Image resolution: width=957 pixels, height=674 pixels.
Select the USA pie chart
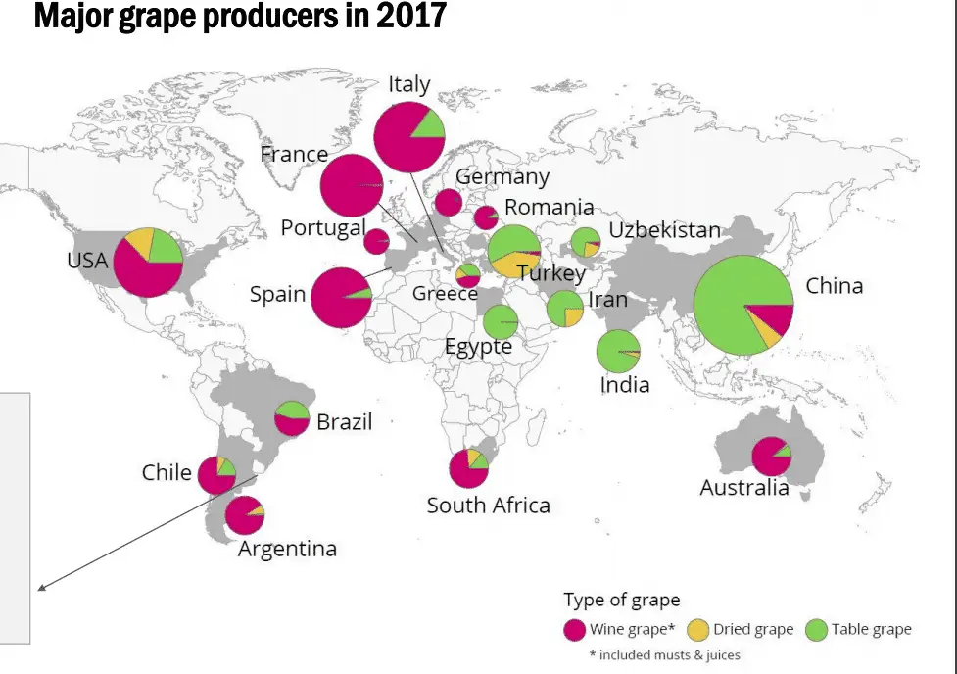tap(148, 262)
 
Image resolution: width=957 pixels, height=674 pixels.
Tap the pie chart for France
tap(352, 185)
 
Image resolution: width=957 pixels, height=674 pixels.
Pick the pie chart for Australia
tap(771, 456)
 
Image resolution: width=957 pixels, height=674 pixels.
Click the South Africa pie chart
tap(469, 468)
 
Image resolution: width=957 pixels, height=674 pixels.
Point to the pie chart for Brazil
tap(292, 418)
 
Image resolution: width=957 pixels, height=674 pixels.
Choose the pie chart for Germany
tap(449, 203)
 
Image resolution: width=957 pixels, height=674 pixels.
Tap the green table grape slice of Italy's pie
tap(428, 126)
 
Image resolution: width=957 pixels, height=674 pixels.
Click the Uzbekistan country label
tap(664, 230)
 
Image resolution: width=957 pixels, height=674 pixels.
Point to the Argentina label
tap(287, 549)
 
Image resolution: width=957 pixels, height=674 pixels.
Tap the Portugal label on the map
tap(322, 227)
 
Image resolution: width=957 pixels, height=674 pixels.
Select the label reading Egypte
tap(478, 347)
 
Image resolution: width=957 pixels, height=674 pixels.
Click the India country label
tap(625, 384)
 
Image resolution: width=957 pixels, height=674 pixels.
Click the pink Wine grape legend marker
tap(575, 629)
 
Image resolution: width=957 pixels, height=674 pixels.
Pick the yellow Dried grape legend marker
tap(697, 629)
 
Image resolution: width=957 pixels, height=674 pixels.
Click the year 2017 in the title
tap(410, 16)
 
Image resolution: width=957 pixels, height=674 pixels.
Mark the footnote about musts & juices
tap(664, 653)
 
